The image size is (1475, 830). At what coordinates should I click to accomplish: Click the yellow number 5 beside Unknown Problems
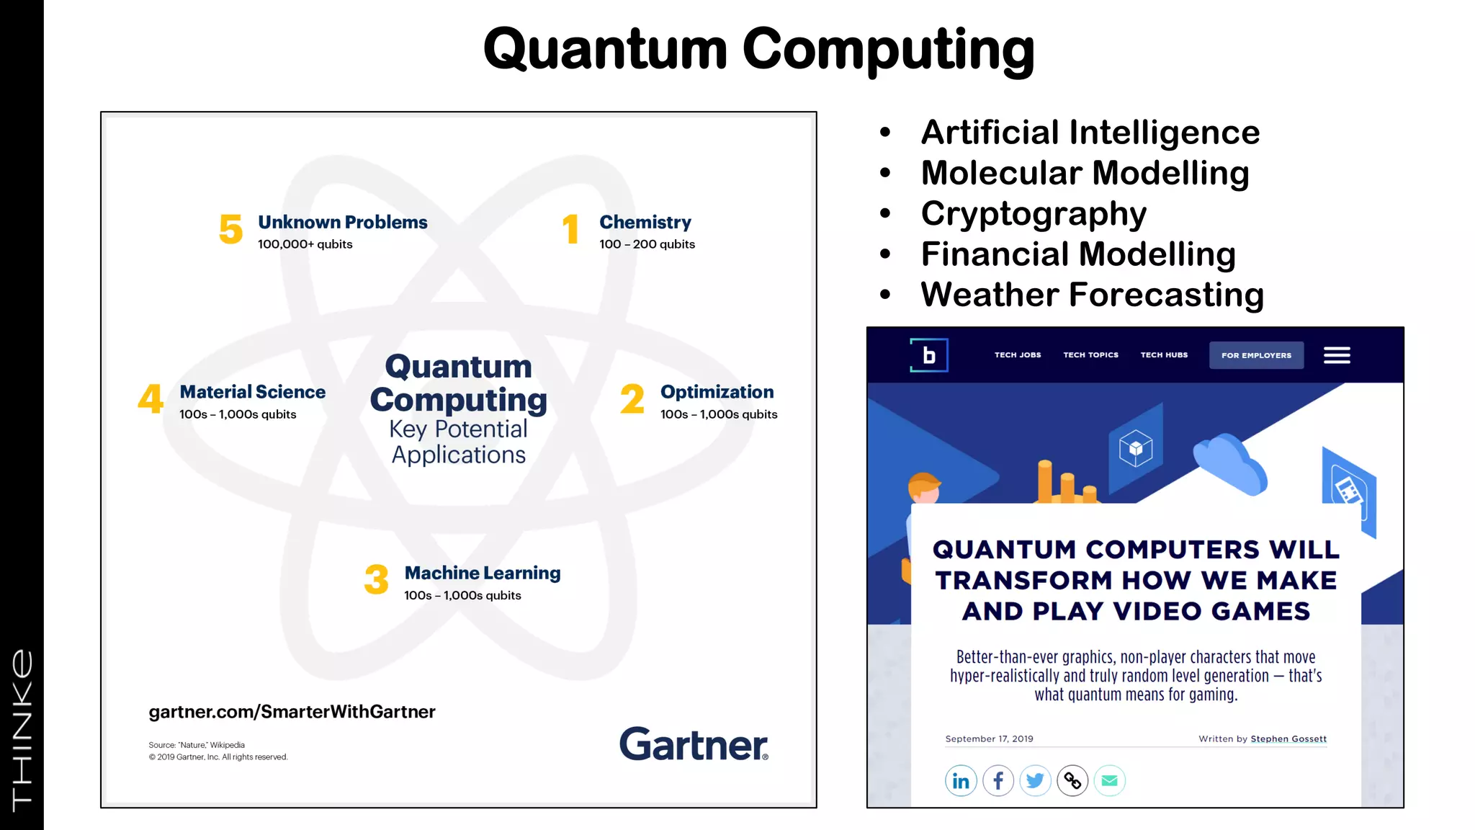pos(230,229)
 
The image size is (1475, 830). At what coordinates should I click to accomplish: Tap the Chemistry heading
pos(645,222)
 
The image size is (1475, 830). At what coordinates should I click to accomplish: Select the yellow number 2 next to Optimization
pos(632,399)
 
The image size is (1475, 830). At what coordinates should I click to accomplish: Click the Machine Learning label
pos(482,573)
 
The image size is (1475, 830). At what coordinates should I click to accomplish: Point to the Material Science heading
pos(252,392)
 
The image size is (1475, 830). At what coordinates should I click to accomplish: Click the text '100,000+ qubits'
pos(305,244)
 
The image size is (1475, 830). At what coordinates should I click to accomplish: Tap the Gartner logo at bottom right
pos(693,744)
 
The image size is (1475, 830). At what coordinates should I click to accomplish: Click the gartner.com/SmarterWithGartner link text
pos(292,712)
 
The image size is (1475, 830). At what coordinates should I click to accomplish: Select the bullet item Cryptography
pos(1033,213)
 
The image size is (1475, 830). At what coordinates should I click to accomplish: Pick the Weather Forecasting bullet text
pos(1092,295)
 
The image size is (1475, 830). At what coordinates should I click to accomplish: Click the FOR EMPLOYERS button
pos(1256,355)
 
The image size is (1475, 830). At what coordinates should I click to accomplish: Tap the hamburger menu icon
pos(1337,355)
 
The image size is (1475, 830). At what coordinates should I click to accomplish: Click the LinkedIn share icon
pos(961,781)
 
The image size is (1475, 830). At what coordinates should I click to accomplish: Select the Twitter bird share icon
pos(1035,781)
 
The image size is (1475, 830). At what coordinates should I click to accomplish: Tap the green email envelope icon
pos(1109,781)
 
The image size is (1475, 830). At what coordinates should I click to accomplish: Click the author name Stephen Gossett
pos(1288,738)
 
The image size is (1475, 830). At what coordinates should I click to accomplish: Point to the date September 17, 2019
pos(989,738)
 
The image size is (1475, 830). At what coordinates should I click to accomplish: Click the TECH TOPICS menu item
pos(1090,355)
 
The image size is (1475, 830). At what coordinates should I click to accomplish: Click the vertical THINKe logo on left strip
pos(22,728)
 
